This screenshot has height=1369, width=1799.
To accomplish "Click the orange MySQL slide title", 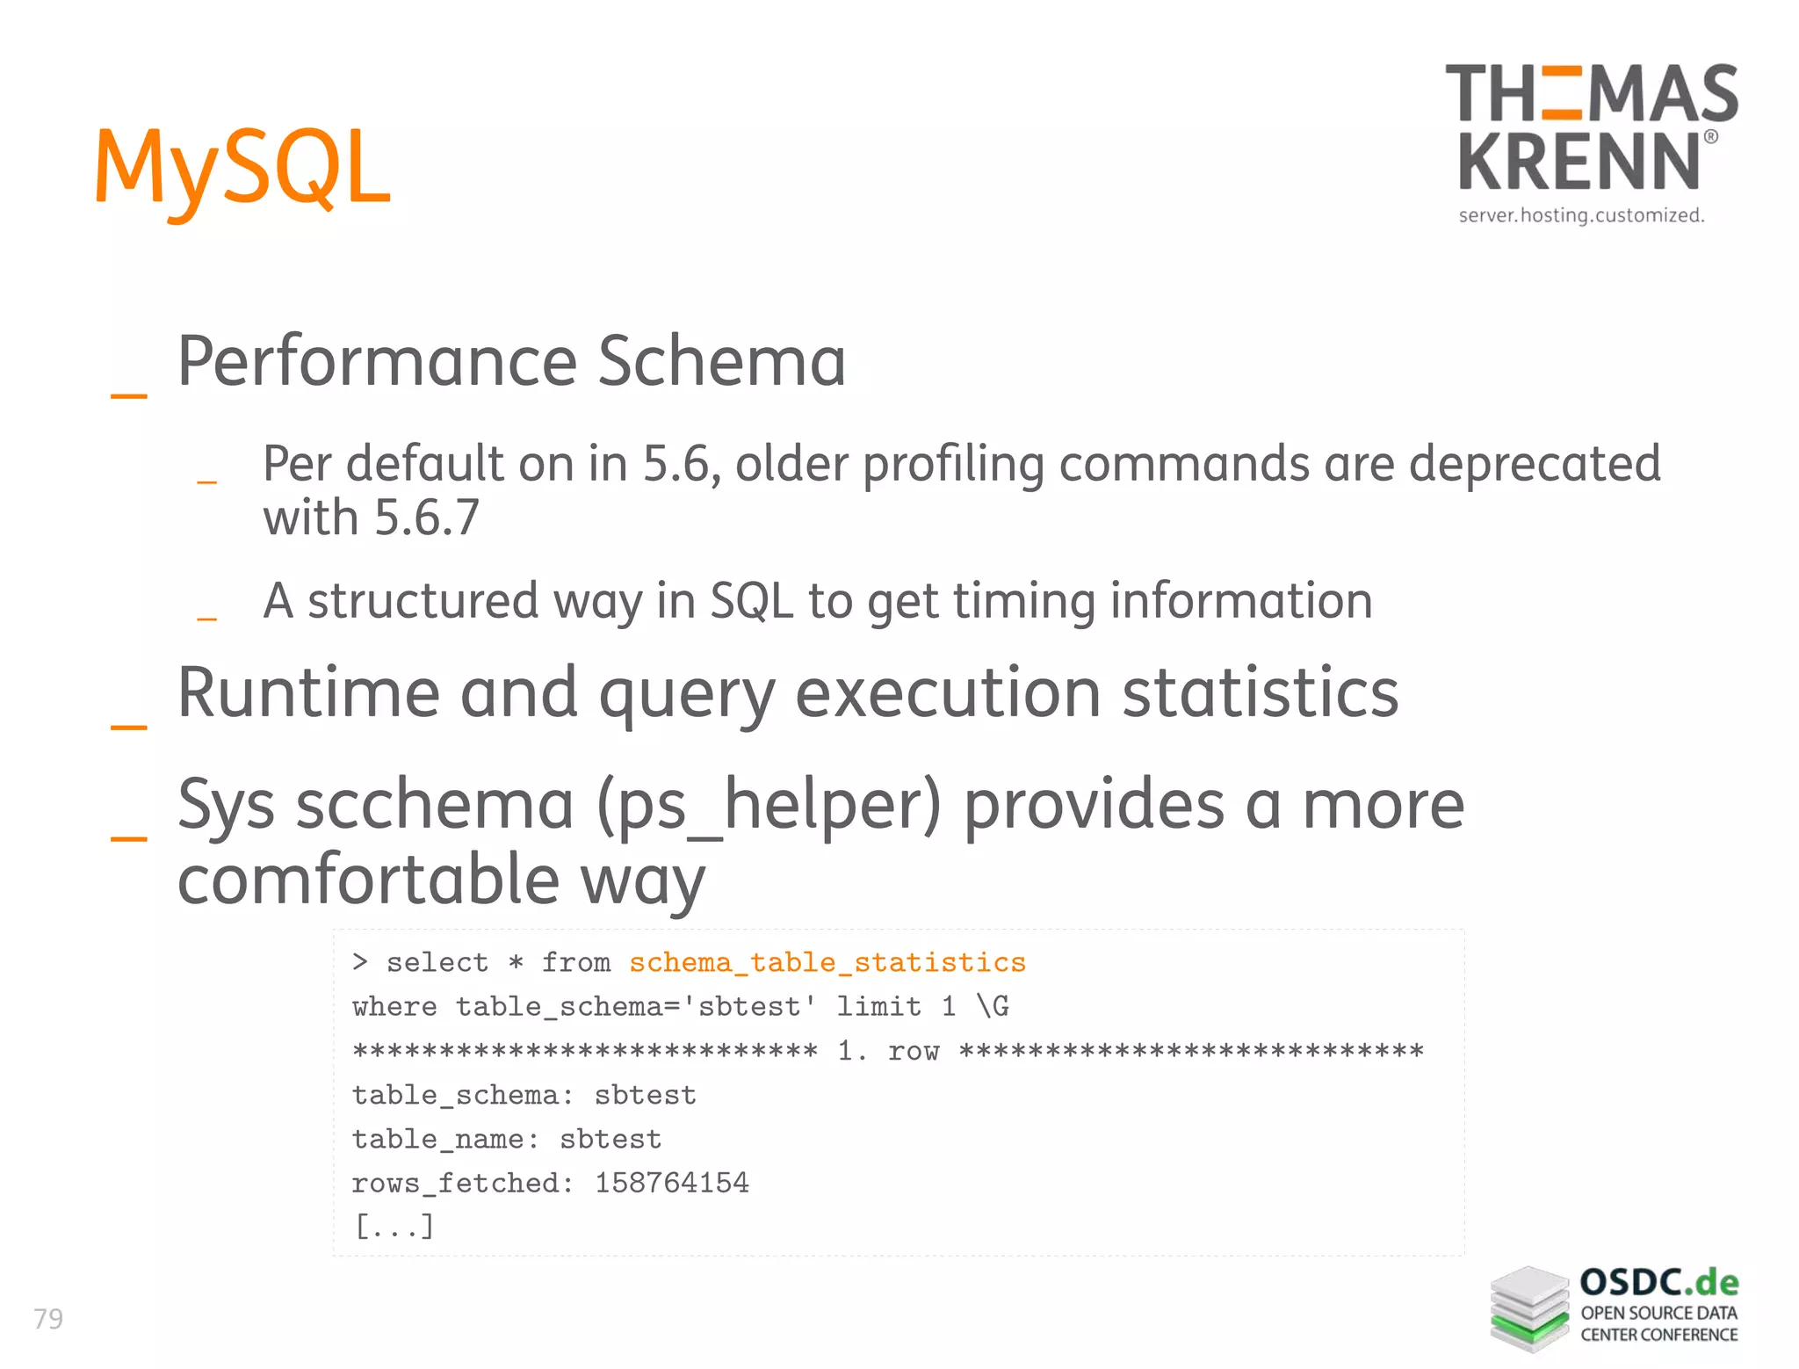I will (242, 167).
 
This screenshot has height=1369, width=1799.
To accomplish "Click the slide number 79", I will (48, 1318).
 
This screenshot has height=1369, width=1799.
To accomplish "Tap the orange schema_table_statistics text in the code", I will (827, 962).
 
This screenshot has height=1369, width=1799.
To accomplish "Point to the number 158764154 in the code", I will (672, 1183).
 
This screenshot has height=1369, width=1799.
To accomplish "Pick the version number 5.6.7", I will (427, 517).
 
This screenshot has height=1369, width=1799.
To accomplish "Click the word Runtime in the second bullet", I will (308, 692).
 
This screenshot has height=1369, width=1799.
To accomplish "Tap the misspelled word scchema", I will (435, 805).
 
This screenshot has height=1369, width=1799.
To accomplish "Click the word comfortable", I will (368, 880).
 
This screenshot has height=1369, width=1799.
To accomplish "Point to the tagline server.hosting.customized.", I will (1581, 215).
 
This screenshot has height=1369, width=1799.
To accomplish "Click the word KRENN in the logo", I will (1579, 161).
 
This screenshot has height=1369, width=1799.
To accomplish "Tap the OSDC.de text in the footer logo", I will (1658, 1283).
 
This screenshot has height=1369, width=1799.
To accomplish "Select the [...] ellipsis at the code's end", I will (394, 1226).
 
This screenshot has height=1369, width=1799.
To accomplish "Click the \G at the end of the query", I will (993, 1006).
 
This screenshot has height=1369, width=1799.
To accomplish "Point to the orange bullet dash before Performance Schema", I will (128, 395).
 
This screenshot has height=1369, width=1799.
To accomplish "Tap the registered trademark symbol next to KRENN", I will (1710, 137).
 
